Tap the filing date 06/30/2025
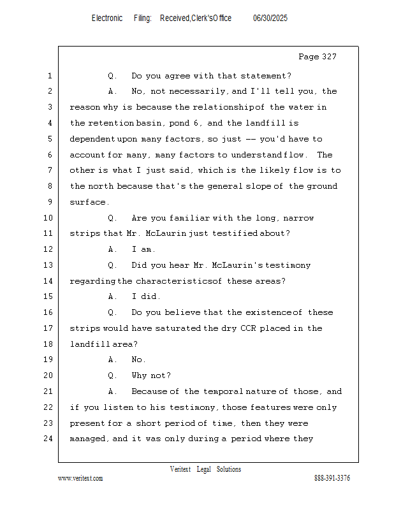(x=270, y=18)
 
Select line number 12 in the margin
(x=49, y=249)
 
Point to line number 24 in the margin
(x=49, y=439)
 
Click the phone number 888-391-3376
(x=332, y=478)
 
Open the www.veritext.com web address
(x=80, y=478)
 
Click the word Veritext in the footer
(x=180, y=469)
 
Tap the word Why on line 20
(x=140, y=375)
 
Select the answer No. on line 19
(x=139, y=360)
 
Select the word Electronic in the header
(x=107, y=18)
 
